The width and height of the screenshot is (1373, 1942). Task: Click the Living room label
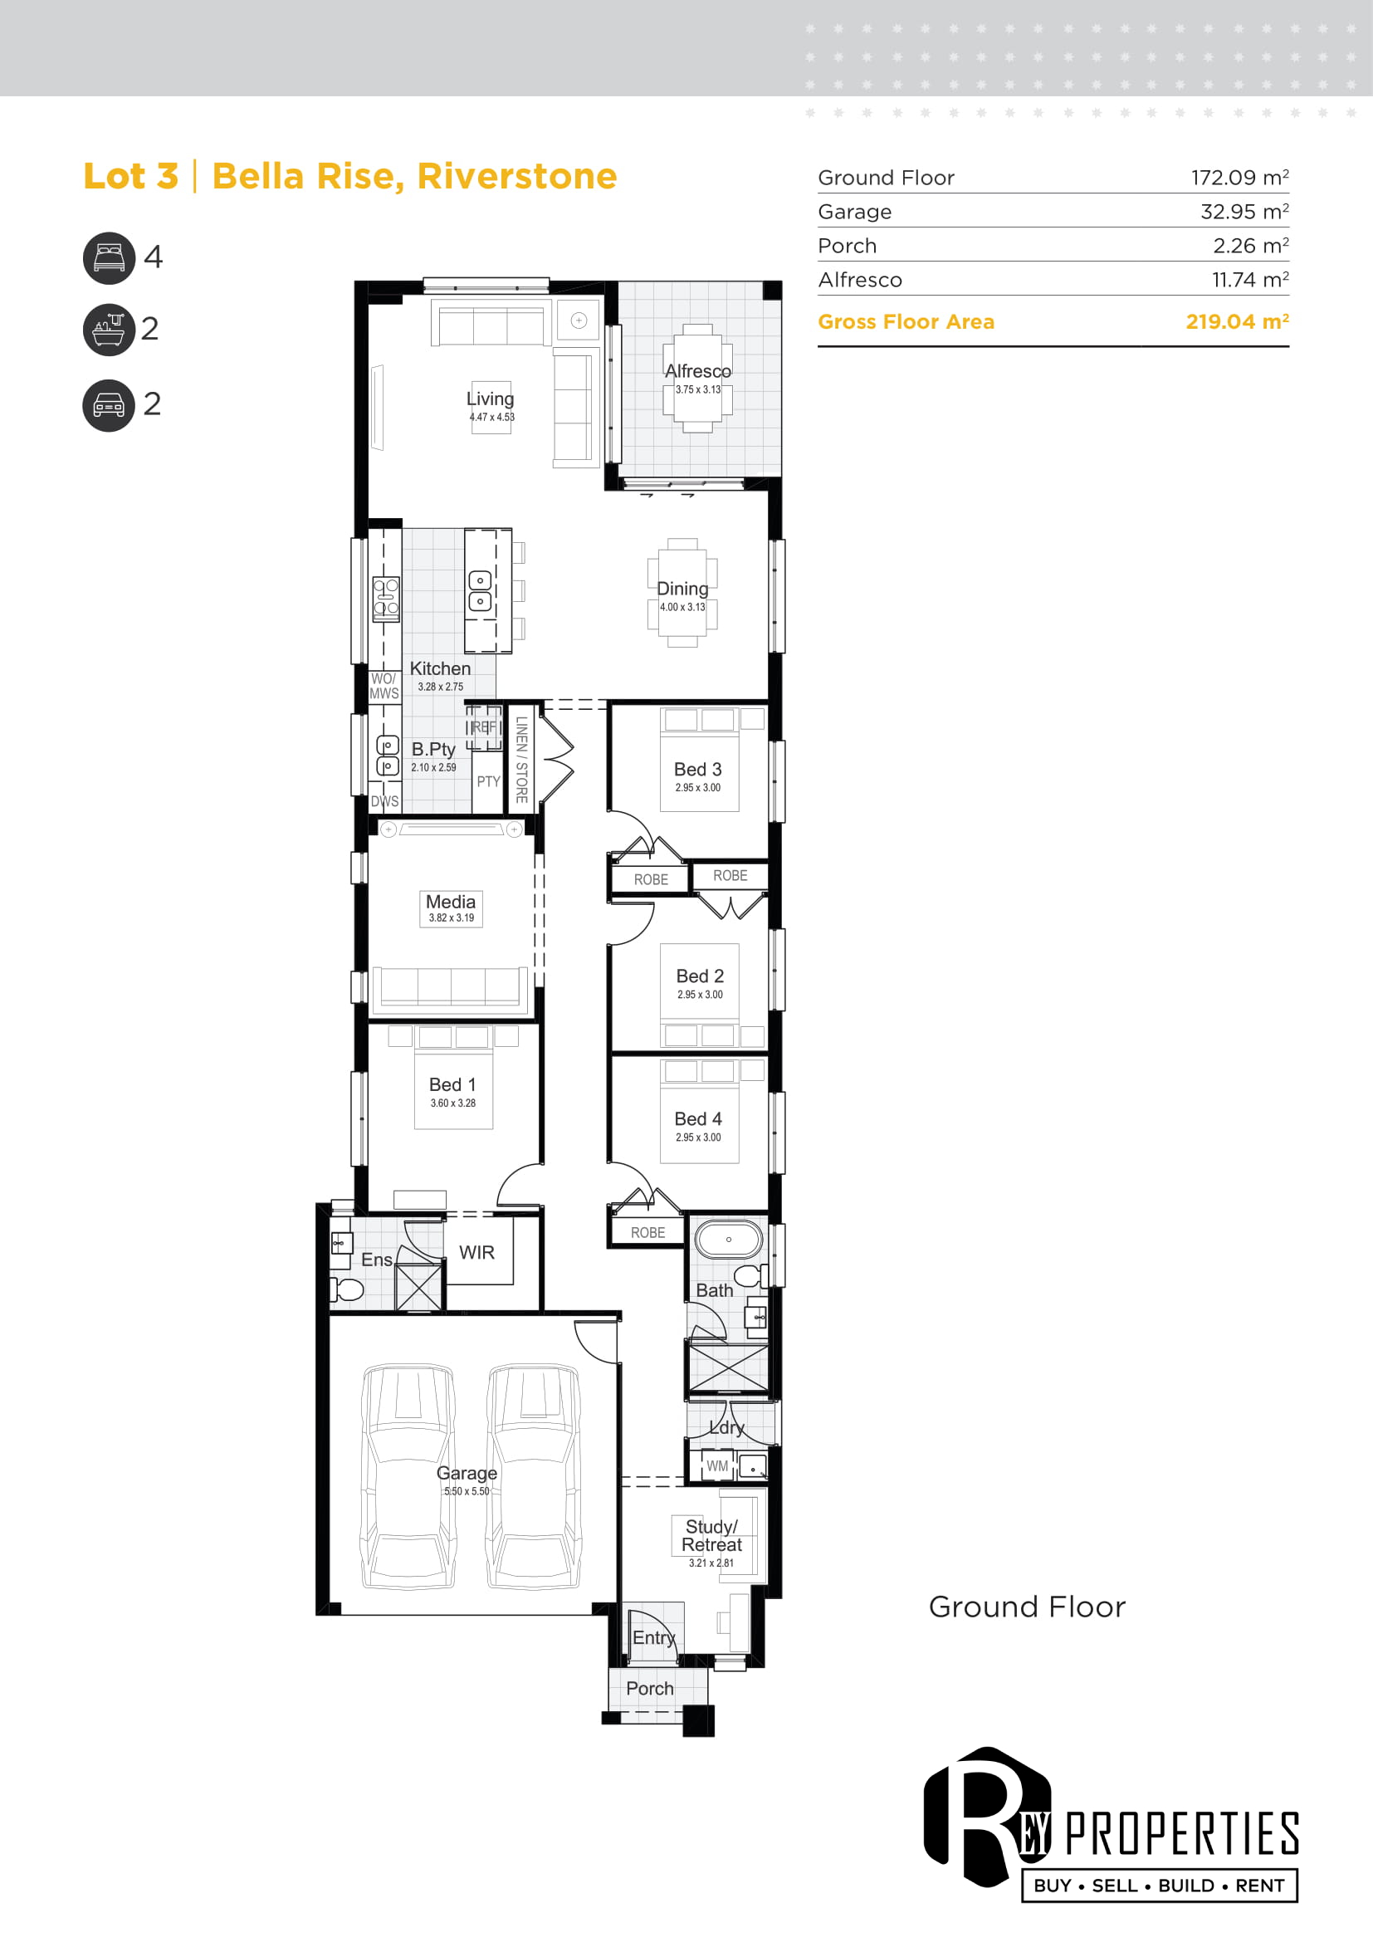[x=491, y=399]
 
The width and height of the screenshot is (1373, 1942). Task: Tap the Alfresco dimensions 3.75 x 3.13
[x=697, y=390]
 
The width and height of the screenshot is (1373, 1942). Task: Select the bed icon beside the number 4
[x=109, y=258]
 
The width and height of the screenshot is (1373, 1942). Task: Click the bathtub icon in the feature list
[x=109, y=330]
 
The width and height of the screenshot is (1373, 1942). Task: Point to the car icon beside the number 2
[x=109, y=406]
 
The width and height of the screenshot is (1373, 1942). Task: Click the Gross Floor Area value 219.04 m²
[x=1237, y=321]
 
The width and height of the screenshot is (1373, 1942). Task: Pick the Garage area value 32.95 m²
[x=1244, y=212]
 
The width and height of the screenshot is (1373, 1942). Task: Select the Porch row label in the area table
[x=848, y=246]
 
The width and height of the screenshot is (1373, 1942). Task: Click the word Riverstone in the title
[x=516, y=176]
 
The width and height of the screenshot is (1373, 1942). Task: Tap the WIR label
[x=476, y=1253]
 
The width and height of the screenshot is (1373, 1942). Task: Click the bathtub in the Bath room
[x=728, y=1240]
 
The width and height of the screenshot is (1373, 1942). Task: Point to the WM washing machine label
[x=717, y=1465]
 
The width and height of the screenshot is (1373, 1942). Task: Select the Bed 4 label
[x=698, y=1119]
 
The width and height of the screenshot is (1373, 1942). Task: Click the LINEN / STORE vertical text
[x=521, y=760]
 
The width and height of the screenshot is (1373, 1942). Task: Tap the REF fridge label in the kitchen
[x=485, y=727]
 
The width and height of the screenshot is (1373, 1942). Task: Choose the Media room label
[x=451, y=902]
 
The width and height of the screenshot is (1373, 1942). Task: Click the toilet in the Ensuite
[x=347, y=1289]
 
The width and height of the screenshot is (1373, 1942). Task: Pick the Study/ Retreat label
[x=712, y=1535]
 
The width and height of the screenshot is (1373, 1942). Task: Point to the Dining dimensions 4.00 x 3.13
[x=682, y=607]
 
